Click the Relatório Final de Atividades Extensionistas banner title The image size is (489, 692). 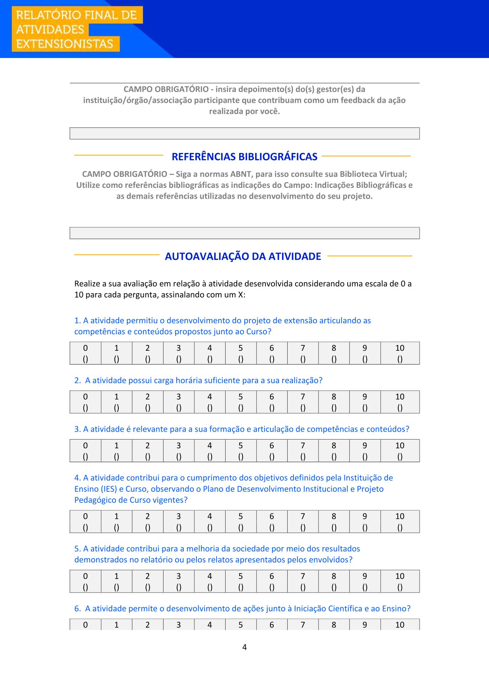[76, 29]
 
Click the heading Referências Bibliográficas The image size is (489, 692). [244, 157]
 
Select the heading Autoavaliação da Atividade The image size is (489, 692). [243, 256]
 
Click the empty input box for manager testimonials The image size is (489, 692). [244, 133]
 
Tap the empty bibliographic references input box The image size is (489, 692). [244, 233]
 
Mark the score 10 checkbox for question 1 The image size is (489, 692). [400, 359]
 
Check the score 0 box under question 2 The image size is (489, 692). [85, 408]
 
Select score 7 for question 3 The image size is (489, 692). [303, 456]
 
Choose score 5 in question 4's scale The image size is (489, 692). [241, 527]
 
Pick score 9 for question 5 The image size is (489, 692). [365, 587]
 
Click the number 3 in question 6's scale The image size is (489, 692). [179, 625]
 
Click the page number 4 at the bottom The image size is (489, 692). [244, 647]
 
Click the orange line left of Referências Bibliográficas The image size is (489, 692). [119, 155]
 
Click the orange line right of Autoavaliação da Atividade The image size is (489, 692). [370, 256]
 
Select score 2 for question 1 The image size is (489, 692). [148, 359]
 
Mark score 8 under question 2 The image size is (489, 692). [334, 408]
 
